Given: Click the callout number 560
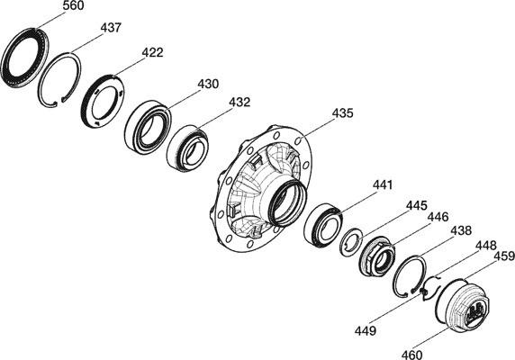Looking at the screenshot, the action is pos(73,5).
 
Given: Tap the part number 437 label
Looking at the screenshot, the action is pos(111,28).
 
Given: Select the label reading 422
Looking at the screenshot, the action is pos(152,52).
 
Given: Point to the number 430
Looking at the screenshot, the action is pos(208,84).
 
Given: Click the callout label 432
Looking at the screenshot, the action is pos(239,102).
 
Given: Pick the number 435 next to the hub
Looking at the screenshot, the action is pos(342,113).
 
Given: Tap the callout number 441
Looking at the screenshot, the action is pos(383,185).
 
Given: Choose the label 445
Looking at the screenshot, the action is pos(417,206).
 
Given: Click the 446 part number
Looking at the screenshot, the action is pos(438,217).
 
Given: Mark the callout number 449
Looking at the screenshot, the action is pos(366,331).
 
